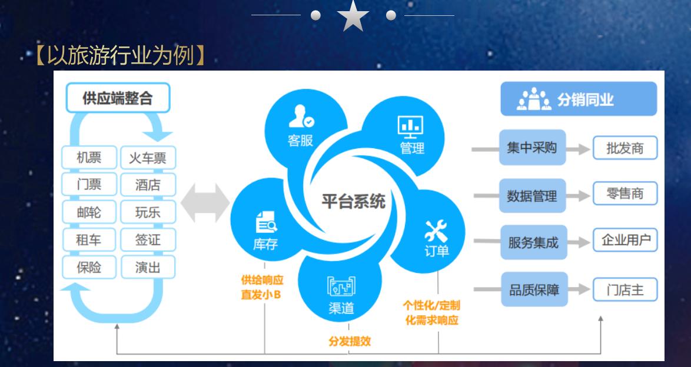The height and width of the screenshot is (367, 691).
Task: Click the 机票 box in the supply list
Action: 89,158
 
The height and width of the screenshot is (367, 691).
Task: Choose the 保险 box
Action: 89,268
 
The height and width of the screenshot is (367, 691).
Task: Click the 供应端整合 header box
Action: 118,98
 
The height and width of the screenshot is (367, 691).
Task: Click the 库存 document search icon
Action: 265,225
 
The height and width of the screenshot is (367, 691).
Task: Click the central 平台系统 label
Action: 353,202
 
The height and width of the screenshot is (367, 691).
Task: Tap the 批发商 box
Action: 624,148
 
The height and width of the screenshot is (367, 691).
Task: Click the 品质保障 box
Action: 534,289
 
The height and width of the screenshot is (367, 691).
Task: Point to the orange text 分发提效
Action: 349,341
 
